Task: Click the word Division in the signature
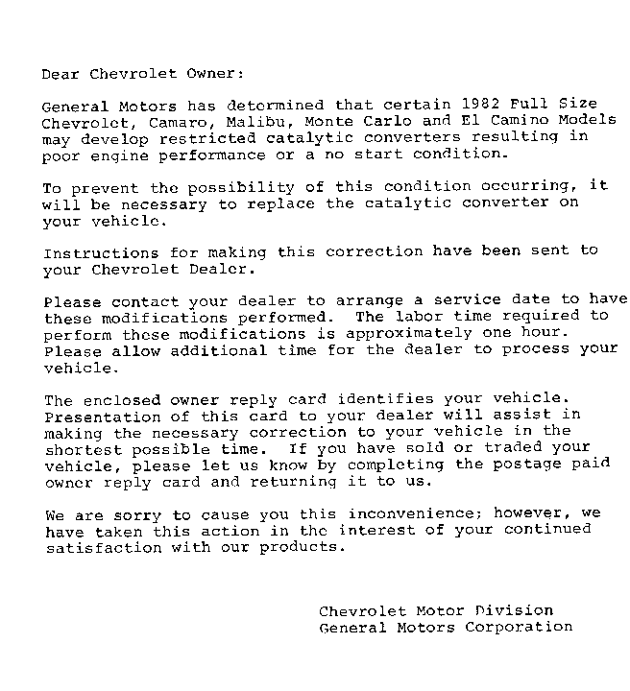click(513, 610)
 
